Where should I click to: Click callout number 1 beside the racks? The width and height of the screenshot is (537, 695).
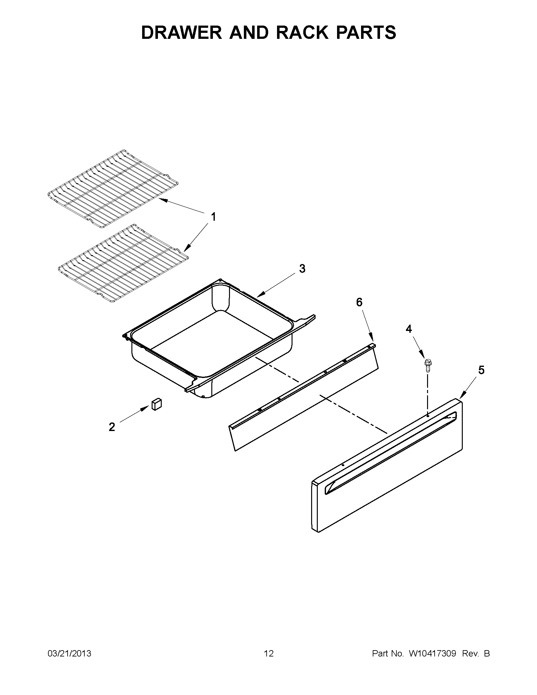213,217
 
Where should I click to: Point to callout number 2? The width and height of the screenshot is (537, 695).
112,427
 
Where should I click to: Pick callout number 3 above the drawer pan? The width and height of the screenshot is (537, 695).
302,269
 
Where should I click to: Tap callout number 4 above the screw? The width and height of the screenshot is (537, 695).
408,329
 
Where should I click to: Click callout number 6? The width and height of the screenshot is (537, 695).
359,302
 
